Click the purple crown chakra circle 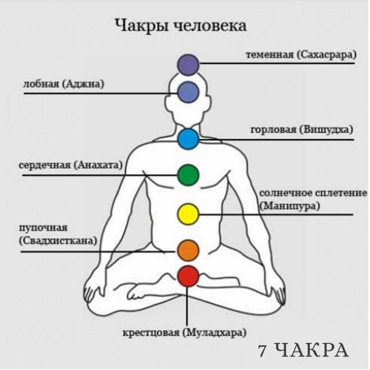click(188, 65)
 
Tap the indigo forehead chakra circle click(188, 92)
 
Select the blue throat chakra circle click(188, 139)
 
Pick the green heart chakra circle click(188, 175)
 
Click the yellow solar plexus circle click(188, 214)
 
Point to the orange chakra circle click(188, 250)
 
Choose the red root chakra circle click(188, 276)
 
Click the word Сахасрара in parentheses click(326, 55)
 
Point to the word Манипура click(290, 206)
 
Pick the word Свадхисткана click(58, 241)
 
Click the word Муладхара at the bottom click(214, 333)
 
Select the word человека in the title click(210, 25)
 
